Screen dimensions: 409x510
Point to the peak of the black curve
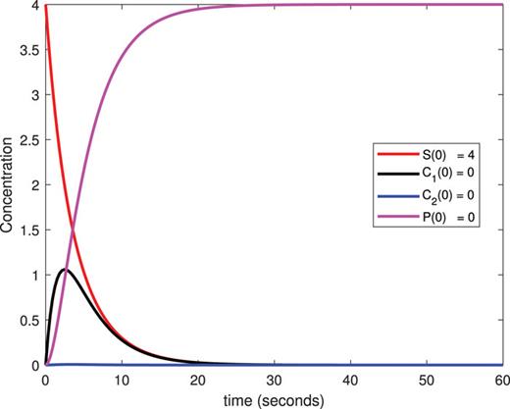point(65,269)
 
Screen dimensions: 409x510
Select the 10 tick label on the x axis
point(122,379)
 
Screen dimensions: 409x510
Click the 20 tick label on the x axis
point(198,379)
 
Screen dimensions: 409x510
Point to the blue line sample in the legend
point(383,196)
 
